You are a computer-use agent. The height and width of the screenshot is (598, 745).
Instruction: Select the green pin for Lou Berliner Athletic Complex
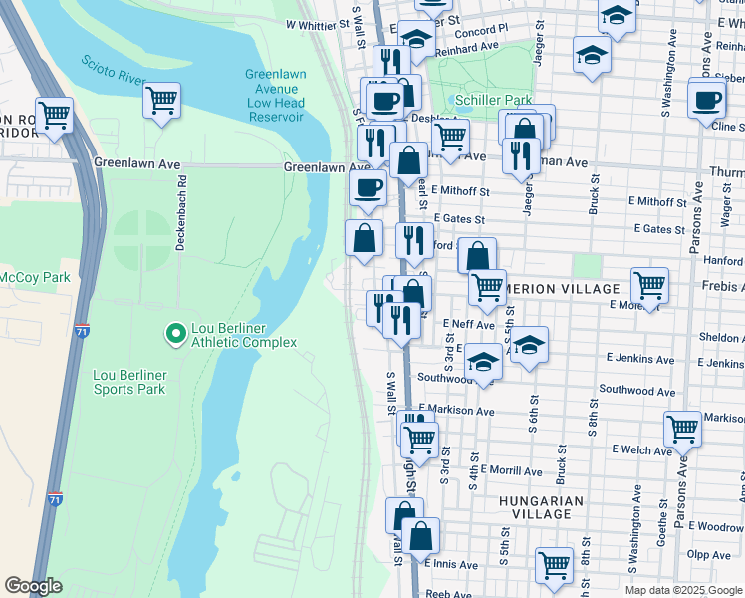(175, 333)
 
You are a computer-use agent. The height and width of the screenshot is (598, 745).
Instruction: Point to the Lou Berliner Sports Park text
(128, 382)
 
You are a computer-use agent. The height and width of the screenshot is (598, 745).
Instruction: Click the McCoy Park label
(35, 277)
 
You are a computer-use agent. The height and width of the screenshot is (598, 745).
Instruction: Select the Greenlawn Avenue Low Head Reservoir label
(275, 96)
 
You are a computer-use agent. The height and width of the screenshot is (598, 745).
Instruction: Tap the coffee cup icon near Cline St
(707, 102)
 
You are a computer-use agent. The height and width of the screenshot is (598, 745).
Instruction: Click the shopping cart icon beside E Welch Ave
(682, 430)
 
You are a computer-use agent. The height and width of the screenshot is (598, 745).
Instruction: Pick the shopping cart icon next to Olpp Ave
(554, 565)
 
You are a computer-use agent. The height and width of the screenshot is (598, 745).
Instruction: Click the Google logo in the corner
(33, 586)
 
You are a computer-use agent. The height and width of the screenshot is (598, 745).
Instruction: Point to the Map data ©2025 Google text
(682, 590)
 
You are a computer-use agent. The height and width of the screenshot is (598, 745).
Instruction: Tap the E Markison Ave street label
(457, 411)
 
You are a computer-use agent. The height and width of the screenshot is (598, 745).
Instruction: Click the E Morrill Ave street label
(510, 470)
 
